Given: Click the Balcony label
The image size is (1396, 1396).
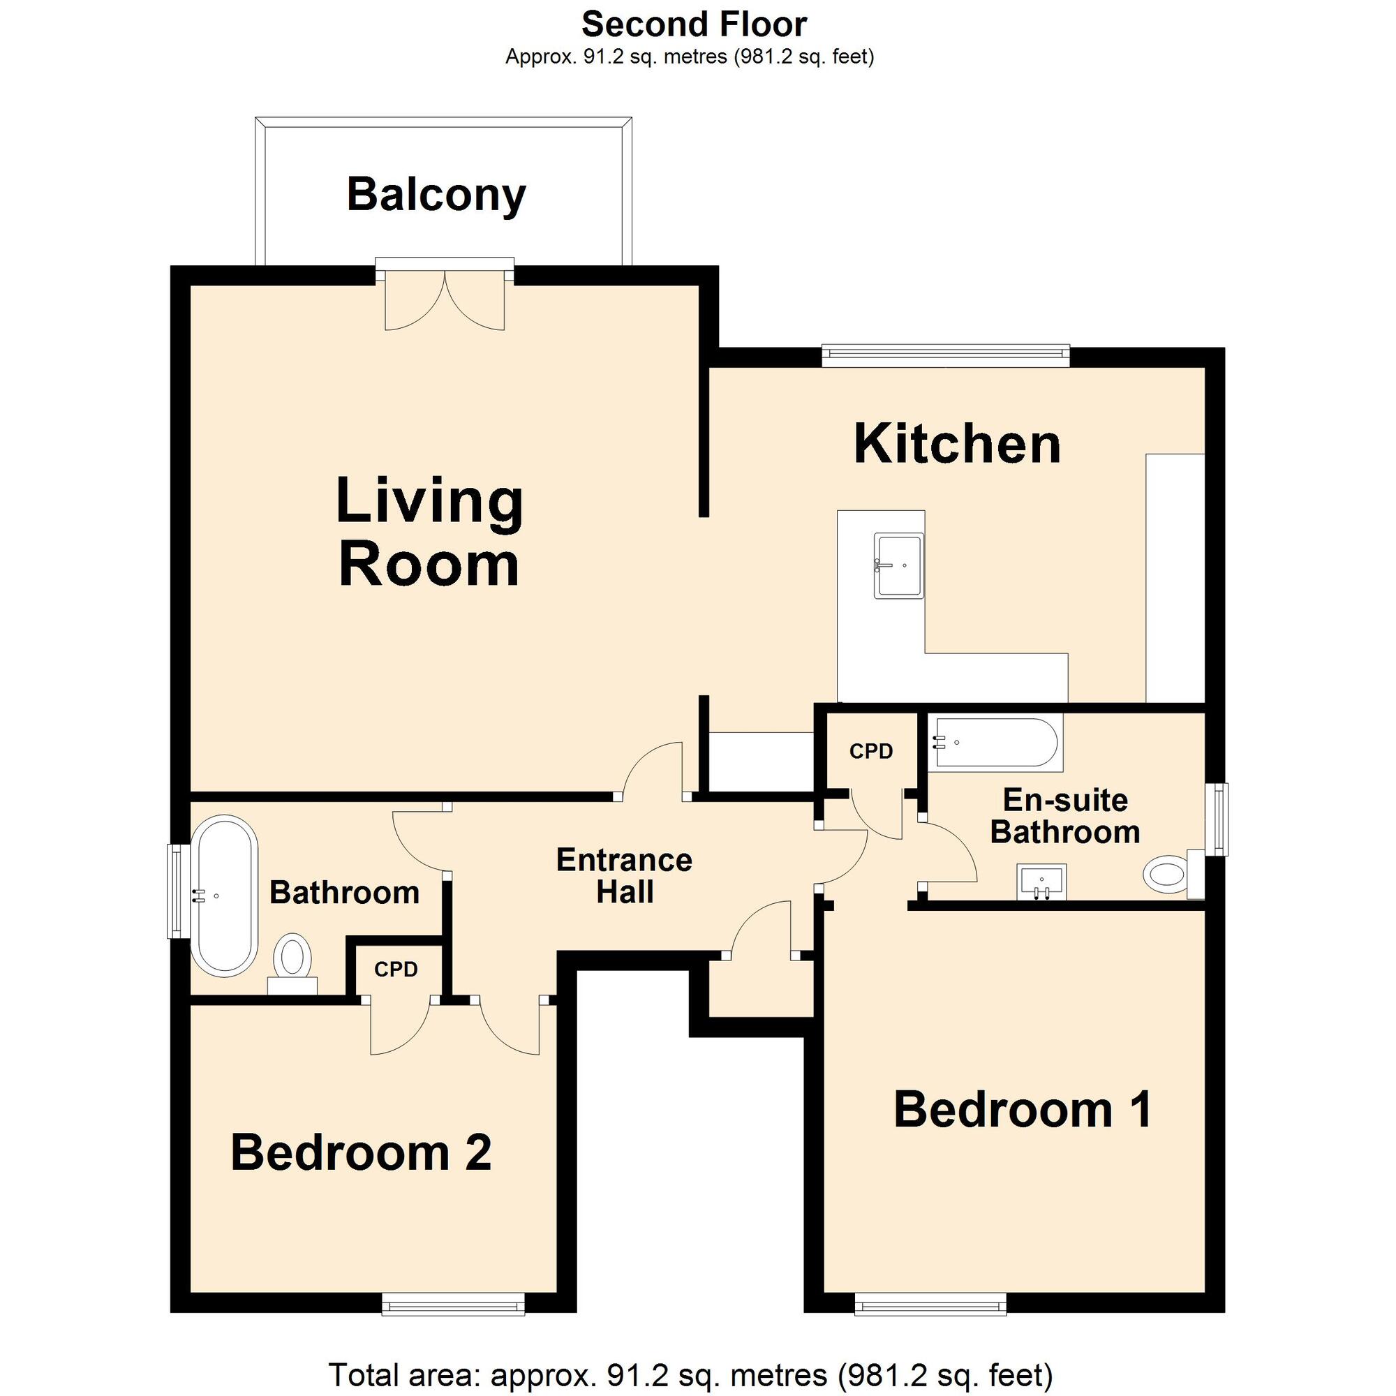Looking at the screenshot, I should tap(436, 195).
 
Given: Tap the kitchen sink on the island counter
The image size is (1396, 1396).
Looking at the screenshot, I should tap(899, 565).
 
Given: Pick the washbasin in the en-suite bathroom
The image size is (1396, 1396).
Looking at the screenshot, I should tap(1042, 882).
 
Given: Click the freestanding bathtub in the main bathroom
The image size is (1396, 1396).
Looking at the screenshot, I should tap(224, 896).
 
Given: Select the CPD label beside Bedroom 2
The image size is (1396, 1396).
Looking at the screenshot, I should tap(396, 969).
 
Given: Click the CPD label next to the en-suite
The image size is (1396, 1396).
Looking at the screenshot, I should tap(870, 752).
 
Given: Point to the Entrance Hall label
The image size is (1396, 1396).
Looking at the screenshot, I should tap(624, 876).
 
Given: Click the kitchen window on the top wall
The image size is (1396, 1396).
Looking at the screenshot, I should tap(945, 352).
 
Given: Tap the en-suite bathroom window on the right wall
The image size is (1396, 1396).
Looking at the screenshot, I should tap(1219, 819).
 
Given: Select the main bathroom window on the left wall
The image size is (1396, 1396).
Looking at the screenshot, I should tap(175, 891).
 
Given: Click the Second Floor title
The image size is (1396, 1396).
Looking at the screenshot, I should tap(694, 25).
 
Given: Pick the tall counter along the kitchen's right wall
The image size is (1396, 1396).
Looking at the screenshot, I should tap(1175, 577).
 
